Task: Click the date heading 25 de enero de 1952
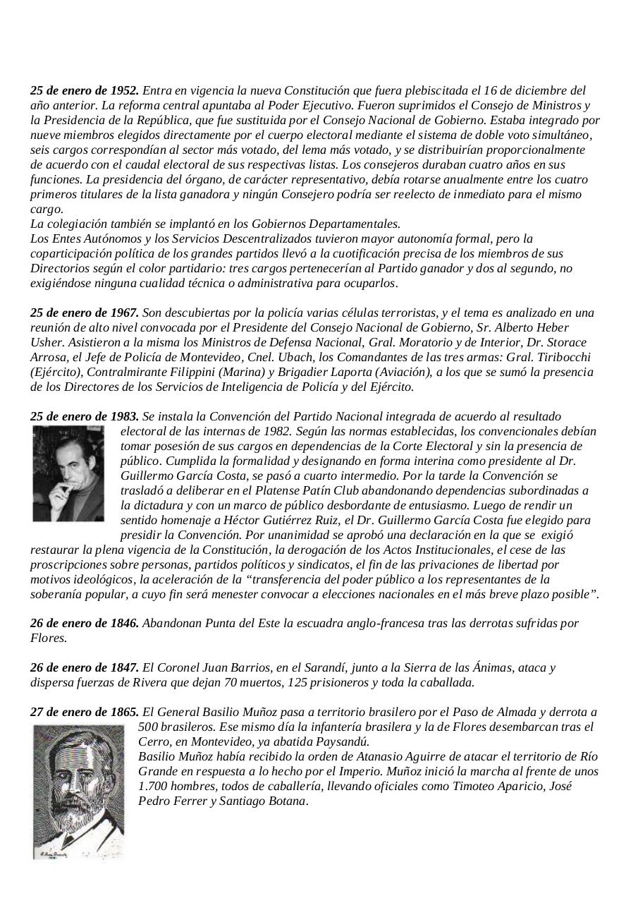tap(85, 90)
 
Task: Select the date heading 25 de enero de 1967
tap(85, 313)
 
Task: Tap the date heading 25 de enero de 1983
tap(85, 416)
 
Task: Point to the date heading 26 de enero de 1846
tap(85, 623)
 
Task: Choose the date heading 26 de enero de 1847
tap(85, 667)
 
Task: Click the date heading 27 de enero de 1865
tap(85, 712)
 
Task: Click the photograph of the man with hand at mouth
tap(68, 473)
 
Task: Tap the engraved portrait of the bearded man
tap(78, 792)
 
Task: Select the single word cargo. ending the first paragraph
tap(47, 209)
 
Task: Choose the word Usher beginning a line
tap(45, 342)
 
